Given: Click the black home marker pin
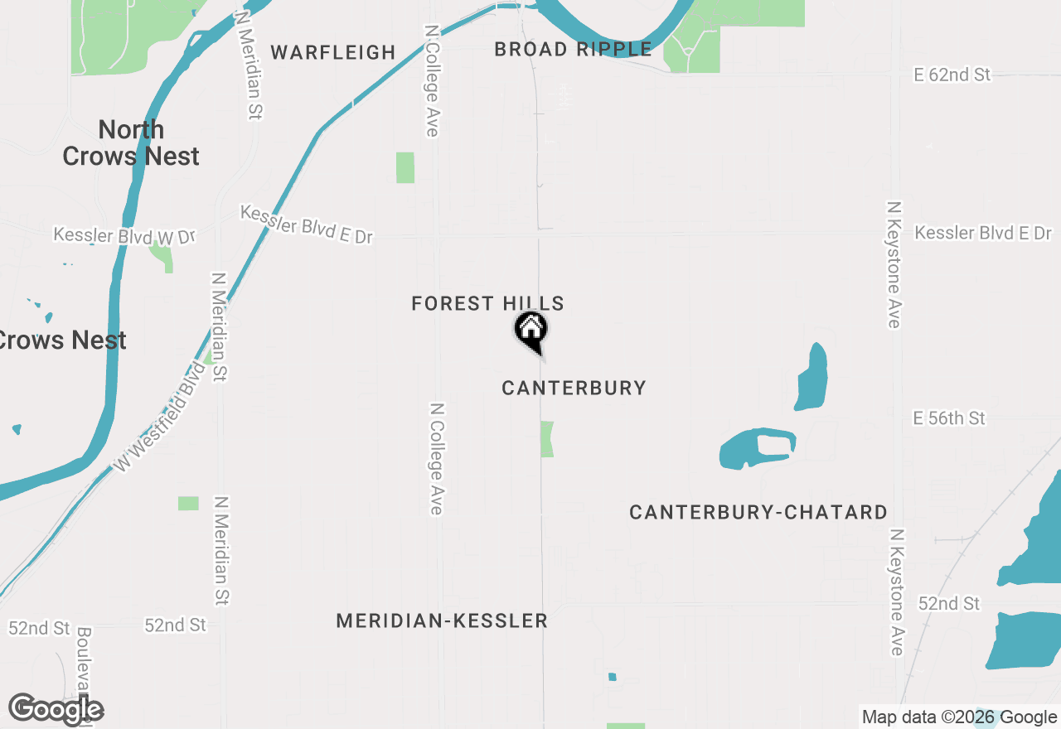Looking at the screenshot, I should coord(531,330).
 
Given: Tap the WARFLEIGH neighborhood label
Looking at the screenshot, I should coord(333,52).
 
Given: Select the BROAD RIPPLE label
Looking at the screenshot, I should coord(573,50).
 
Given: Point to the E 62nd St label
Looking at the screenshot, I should coord(952,75).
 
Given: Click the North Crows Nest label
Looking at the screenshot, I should coord(131,142).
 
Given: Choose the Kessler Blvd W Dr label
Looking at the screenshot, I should coord(124,235).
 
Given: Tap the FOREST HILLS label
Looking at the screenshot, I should coord(487,304).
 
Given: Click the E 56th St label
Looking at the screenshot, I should coord(949,418).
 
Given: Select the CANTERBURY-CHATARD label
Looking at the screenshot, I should coord(758,513).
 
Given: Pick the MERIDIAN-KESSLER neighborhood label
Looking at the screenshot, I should coord(442,620).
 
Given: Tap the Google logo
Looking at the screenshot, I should coord(56,710).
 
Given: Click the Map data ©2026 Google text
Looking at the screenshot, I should coord(959,717).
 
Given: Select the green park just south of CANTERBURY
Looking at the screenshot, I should coord(547,439).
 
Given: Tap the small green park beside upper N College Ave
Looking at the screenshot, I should coord(405,167).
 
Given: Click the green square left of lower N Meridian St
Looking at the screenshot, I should coord(188,504).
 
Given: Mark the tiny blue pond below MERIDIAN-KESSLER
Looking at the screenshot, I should coord(613,677).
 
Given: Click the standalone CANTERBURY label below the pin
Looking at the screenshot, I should coord(574,388).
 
